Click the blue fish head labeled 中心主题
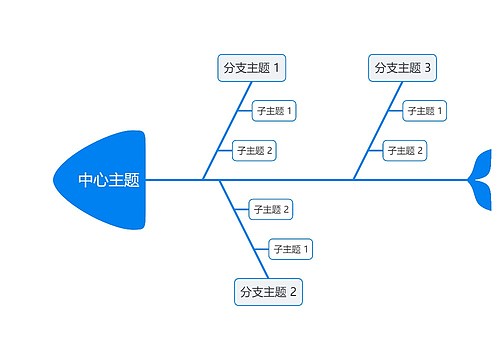[x=105, y=181]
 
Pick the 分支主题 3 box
[x=403, y=68]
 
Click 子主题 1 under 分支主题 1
[x=273, y=110]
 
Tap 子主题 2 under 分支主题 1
[x=254, y=151]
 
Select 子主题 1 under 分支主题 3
[x=425, y=110]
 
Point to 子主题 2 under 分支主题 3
[x=405, y=151]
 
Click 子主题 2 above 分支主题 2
[x=270, y=209]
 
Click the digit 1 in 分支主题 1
[x=277, y=68]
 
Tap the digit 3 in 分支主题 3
[x=428, y=68]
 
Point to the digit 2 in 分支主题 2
[x=294, y=293]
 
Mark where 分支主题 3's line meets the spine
[x=353, y=180]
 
